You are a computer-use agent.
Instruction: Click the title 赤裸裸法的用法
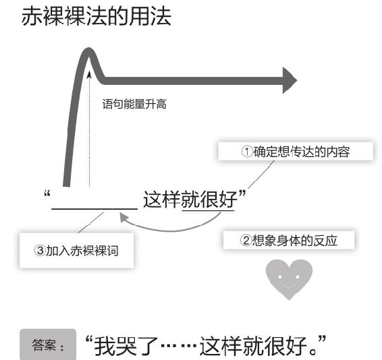pyautogui.click(x=97, y=16)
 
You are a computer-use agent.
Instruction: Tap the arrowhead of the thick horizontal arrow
pyautogui.click(x=290, y=80)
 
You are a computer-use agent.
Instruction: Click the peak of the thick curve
pyautogui.click(x=88, y=50)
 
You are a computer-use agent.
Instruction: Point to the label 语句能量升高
pyautogui.click(x=134, y=104)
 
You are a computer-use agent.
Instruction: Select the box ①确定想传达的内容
pyautogui.click(x=296, y=151)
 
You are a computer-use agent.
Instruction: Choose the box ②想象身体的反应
pyautogui.click(x=289, y=240)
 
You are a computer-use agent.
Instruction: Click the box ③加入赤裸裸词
pyautogui.click(x=76, y=251)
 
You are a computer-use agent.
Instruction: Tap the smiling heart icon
pyautogui.click(x=289, y=279)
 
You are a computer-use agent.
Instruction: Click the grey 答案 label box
pyautogui.click(x=48, y=344)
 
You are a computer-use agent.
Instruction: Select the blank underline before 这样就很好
pyautogui.click(x=94, y=209)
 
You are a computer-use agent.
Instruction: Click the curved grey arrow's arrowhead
pyautogui.click(x=124, y=217)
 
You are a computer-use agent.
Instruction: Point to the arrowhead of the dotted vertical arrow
pyautogui.click(x=89, y=75)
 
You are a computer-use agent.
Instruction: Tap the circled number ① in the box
pyautogui.click(x=247, y=152)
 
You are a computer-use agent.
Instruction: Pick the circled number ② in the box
pyautogui.click(x=246, y=240)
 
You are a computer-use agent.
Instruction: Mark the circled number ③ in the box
pyautogui.click(x=40, y=251)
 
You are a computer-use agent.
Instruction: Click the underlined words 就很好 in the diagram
pyautogui.click(x=209, y=200)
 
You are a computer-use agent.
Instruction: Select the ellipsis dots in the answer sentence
pyautogui.click(x=179, y=346)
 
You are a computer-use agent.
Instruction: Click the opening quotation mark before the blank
pyautogui.click(x=47, y=194)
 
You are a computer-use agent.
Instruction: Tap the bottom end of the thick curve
pyautogui.click(x=67, y=185)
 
